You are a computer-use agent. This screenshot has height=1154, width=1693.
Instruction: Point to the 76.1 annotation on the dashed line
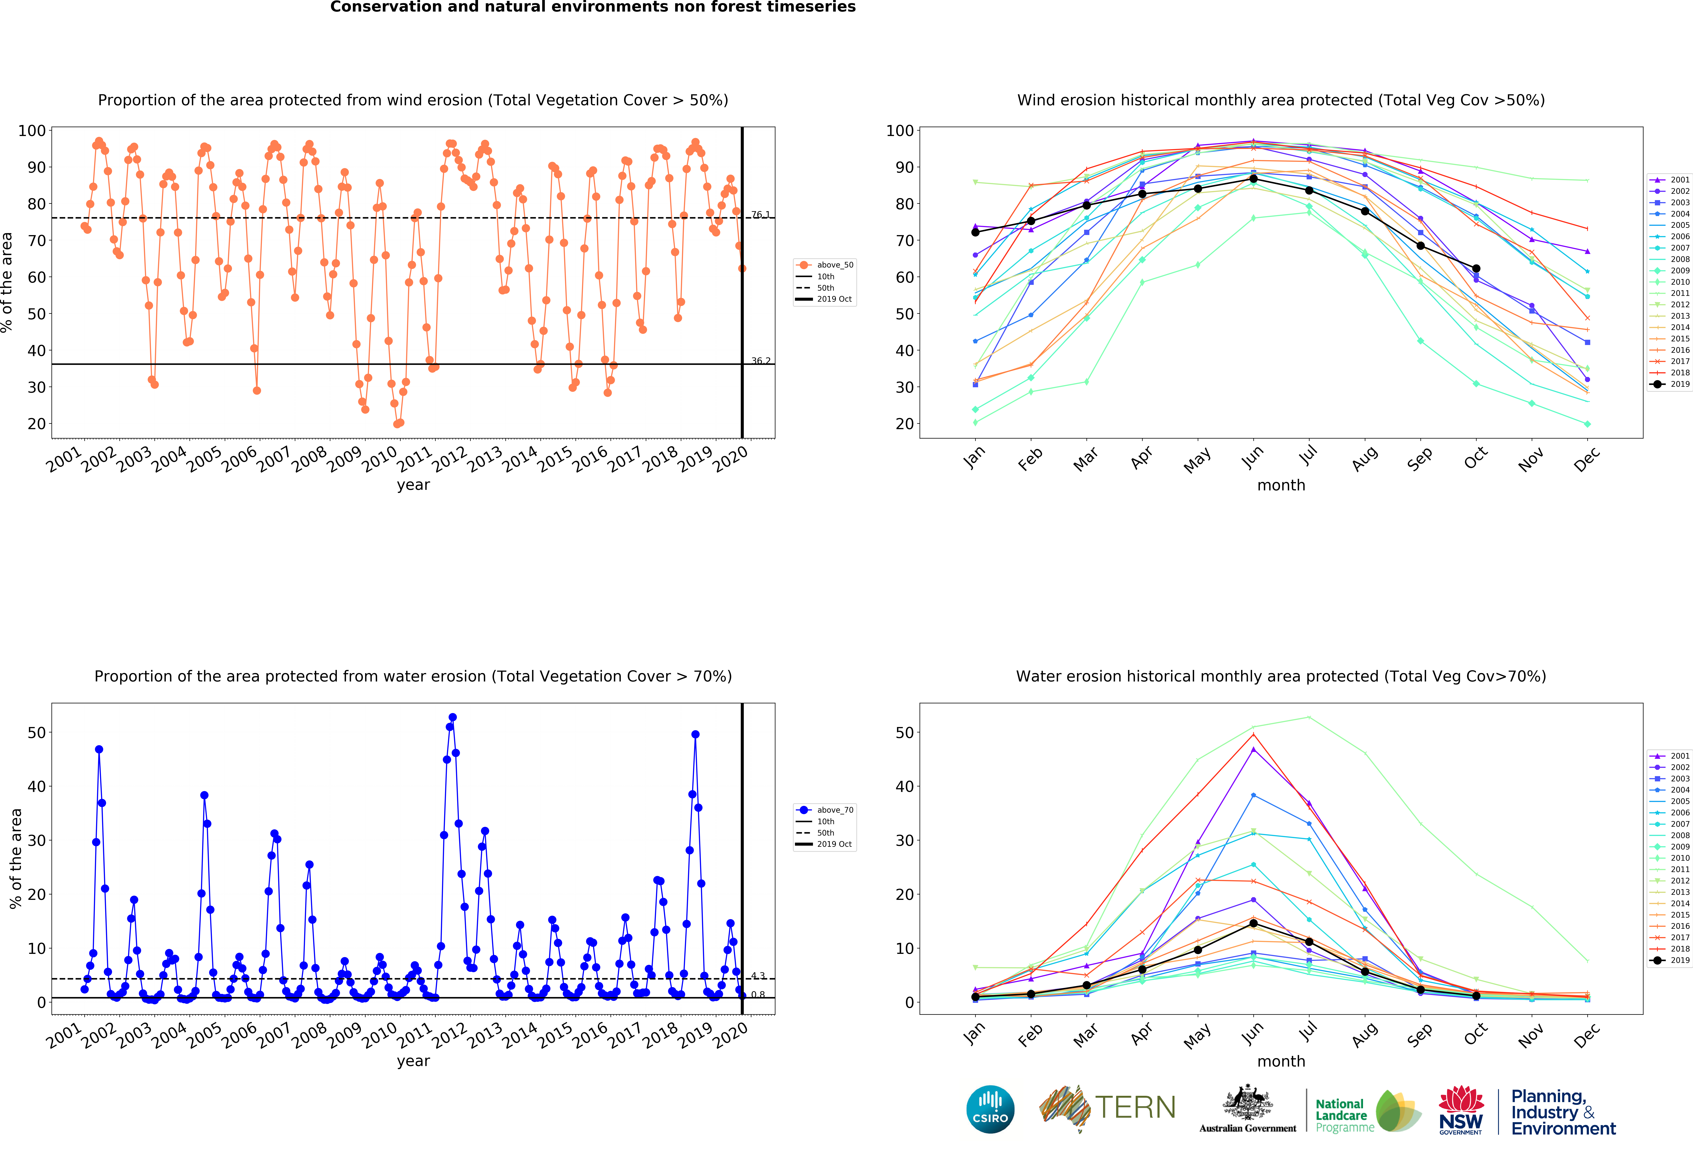761,214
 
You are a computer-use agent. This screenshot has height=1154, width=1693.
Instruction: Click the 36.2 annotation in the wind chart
761,361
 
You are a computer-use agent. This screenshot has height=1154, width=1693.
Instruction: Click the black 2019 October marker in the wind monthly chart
1476,269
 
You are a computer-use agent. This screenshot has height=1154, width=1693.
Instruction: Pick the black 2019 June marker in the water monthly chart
1253,923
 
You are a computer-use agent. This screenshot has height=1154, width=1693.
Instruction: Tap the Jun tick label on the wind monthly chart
1253,456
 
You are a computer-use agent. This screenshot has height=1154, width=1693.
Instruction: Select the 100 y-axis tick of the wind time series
32,131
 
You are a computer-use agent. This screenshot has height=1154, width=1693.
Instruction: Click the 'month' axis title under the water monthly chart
1281,1062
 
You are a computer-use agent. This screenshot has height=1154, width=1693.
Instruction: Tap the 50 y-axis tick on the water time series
36,733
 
